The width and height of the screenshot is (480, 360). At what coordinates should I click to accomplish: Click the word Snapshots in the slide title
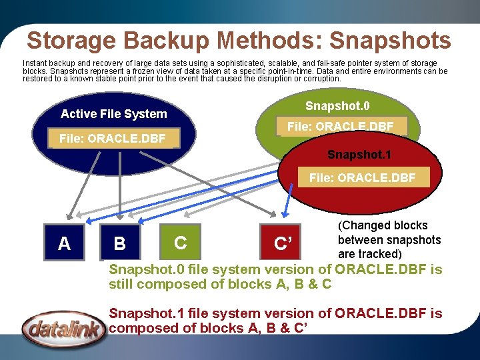coord(390,41)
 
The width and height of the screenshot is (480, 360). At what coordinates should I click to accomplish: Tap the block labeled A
coord(64,243)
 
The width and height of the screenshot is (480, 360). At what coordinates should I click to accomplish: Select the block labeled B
coord(119,243)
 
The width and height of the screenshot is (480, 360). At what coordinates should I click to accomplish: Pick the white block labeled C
coord(180,242)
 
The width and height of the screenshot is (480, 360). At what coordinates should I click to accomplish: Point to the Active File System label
coord(114,114)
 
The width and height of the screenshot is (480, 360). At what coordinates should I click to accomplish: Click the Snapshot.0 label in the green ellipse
coord(337,107)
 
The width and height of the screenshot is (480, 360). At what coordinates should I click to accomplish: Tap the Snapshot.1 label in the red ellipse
coord(359,155)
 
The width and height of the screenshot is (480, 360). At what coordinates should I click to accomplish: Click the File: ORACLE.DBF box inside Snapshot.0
coord(340,126)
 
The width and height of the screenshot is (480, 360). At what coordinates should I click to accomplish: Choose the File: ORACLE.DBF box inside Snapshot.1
coord(362,178)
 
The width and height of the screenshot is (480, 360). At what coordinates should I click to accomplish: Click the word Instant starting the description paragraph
coord(37,63)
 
